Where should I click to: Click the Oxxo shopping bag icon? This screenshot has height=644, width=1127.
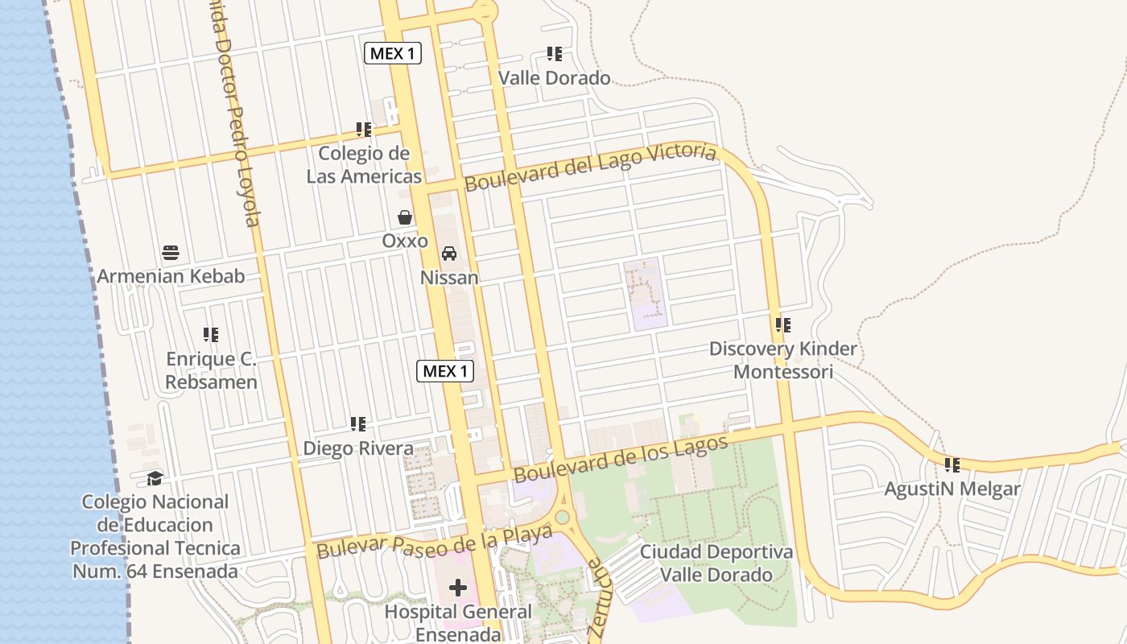405,217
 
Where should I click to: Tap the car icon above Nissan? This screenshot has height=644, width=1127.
449,254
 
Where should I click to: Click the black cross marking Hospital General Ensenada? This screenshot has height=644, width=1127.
458,588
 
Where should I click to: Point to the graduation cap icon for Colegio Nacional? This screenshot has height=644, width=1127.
154,478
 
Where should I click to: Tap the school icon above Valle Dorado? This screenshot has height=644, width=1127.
554,54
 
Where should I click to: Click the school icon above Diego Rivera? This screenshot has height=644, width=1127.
358,424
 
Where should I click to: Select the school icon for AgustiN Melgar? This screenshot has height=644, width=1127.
952,465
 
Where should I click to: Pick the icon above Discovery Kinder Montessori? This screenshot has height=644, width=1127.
782,325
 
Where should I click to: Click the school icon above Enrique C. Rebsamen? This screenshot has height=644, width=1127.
211,334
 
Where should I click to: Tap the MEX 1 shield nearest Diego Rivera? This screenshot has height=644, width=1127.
445,371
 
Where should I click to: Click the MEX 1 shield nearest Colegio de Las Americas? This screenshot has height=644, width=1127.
393,54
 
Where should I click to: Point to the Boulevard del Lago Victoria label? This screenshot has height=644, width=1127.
590,167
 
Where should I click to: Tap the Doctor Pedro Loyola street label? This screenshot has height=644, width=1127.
235,121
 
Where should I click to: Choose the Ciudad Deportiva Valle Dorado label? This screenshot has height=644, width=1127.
716,563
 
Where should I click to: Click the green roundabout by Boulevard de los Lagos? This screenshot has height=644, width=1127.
562,517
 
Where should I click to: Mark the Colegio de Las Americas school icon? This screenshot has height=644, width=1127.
364,129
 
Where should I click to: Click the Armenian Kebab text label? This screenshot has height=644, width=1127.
171,276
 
